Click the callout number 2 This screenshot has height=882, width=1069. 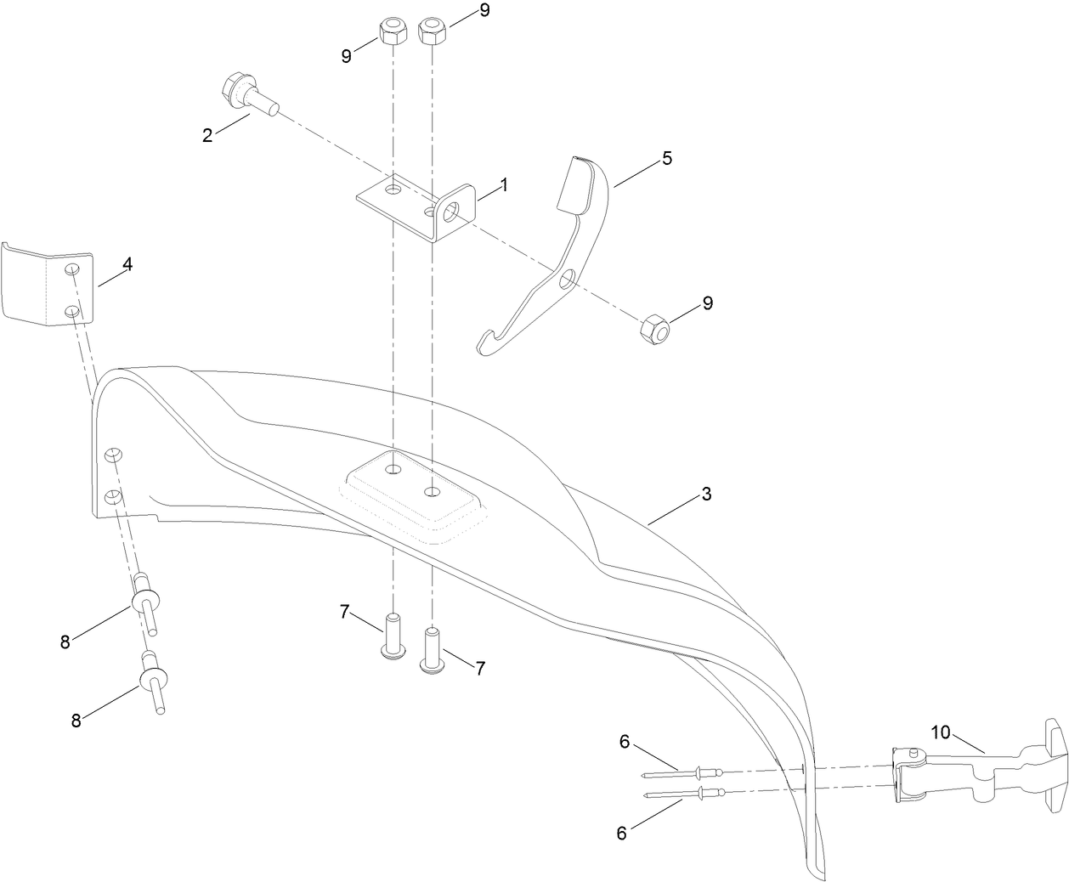tap(207, 134)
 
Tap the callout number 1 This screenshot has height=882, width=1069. tap(504, 184)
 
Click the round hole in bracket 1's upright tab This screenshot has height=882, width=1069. tap(450, 207)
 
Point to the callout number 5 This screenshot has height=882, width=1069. tap(667, 158)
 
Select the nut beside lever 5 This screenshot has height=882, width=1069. tap(655, 328)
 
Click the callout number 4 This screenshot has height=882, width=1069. tap(127, 264)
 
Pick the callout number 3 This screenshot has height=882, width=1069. tap(705, 494)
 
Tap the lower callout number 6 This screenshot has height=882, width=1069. tap(621, 834)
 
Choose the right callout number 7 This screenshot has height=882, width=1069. tap(480, 669)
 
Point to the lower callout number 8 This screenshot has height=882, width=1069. tap(76, 720)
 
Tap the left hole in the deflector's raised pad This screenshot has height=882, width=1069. tap(393, 471)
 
